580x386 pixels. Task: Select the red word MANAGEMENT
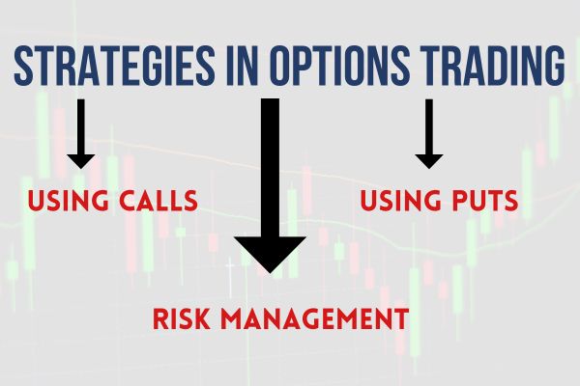[x=320, y=317]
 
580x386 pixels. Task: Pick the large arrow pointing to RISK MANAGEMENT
[x=270, y=183]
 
